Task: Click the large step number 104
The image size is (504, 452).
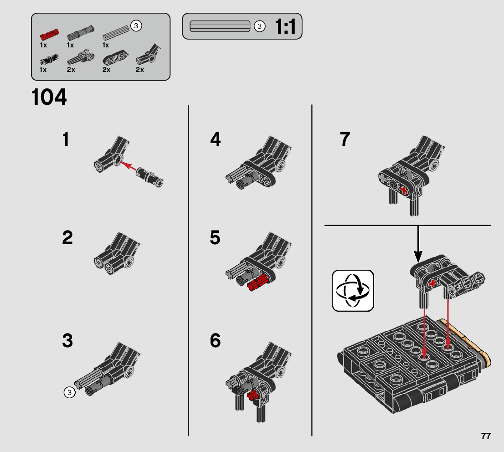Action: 49,97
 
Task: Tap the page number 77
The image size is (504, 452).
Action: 486,436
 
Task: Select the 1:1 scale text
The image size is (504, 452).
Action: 285,26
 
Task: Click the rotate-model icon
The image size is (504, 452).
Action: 353,291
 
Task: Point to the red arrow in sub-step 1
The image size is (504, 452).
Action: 128,166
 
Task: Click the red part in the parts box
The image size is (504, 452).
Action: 50,34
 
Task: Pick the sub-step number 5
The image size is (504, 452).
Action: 215,237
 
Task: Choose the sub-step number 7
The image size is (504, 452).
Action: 345,139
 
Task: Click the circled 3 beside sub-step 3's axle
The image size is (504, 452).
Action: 69,392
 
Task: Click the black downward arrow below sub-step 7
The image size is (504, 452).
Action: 418,244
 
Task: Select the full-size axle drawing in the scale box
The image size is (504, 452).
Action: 220,26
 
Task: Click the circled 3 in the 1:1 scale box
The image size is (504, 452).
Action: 260,26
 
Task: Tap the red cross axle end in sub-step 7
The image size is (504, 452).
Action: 404,190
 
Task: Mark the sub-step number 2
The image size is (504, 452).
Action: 67,237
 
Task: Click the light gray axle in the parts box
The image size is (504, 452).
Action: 116,33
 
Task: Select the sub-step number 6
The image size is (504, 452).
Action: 215,340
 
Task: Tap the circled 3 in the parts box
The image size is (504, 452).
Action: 136,26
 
